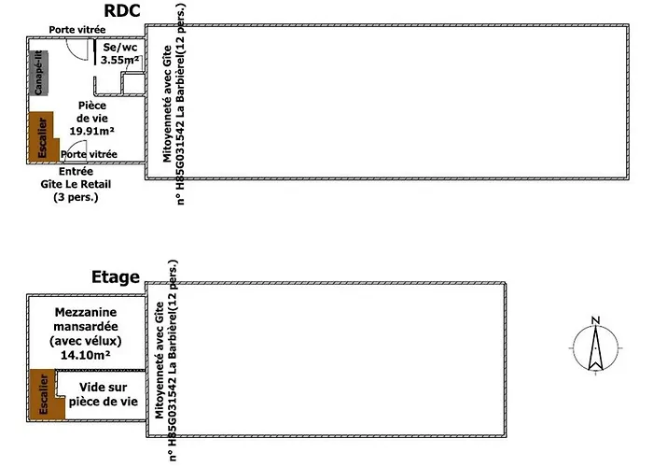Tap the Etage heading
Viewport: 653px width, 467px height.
tap(116, 277)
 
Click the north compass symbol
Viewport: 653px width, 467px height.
tap(593, 348)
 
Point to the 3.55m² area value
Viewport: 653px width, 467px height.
tap(119, 60)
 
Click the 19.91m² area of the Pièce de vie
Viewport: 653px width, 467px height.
tap(91, 132)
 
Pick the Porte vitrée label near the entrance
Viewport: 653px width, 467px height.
tap(90, 154)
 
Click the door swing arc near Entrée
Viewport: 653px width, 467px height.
tap(74, 152)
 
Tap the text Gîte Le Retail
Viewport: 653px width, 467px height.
tap(76, 185)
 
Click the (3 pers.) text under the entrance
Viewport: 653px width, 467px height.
tap(76, 198)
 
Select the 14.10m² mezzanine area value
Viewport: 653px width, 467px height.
tap(86, 356)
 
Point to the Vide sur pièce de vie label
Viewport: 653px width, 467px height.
tap(103, 393)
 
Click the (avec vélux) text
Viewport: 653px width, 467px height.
tap(86, 342)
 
